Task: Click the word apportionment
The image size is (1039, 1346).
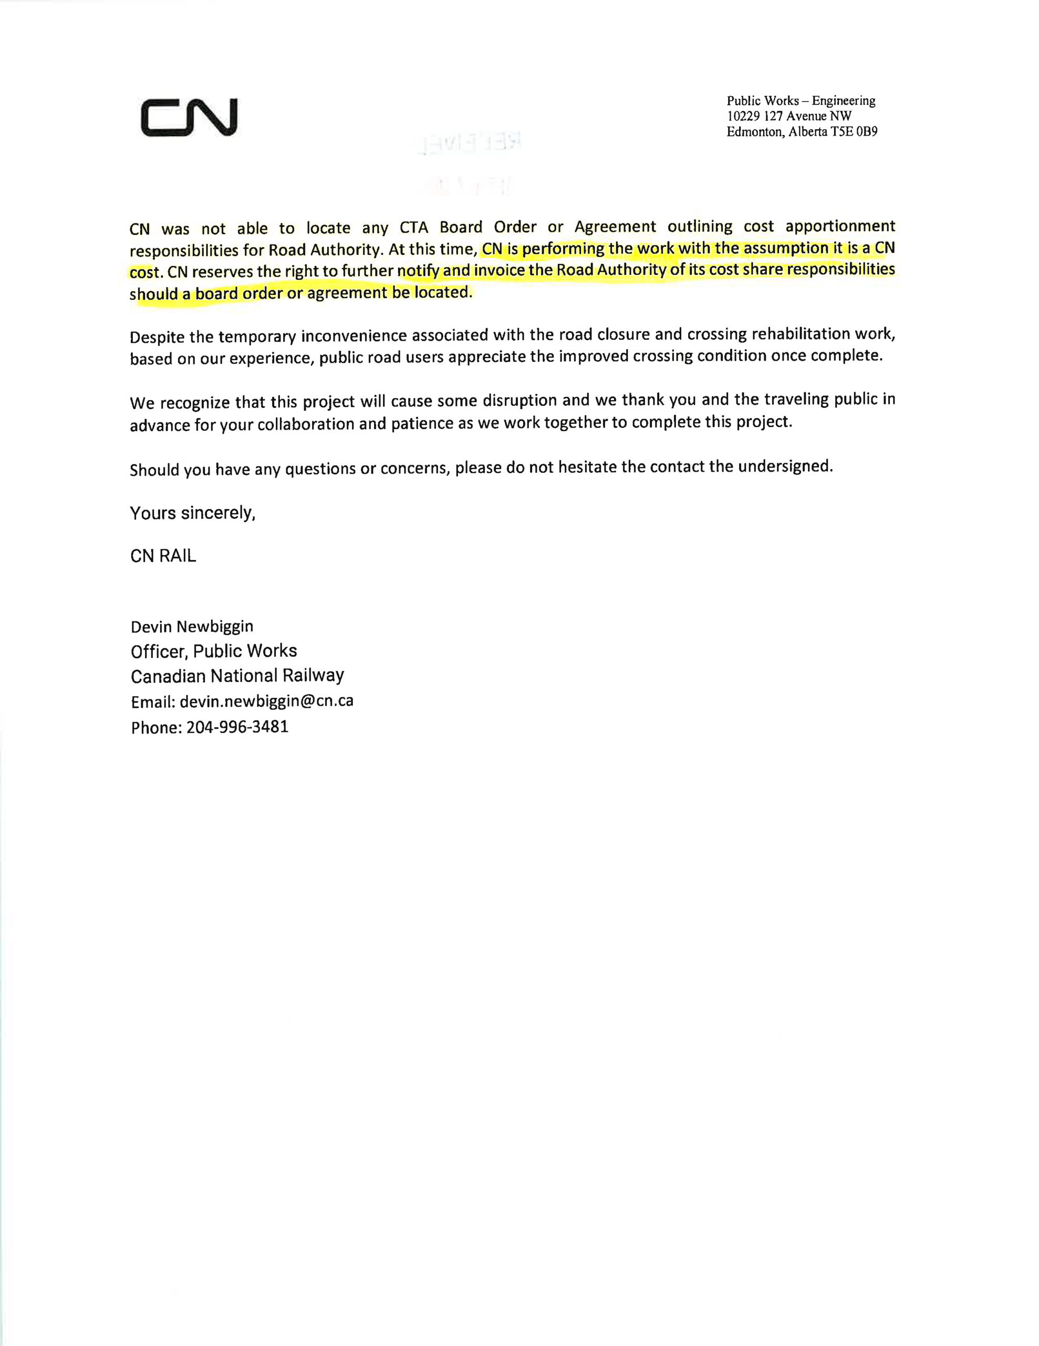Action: pos(840,226)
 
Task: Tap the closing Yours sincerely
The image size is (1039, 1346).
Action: pos(192,513)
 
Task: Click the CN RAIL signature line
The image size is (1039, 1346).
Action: pos(163,556)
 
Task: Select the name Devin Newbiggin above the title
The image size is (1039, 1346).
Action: pos(192,627)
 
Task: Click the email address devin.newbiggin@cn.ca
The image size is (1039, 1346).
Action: pos(266,701)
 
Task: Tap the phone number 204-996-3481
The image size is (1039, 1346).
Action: pos(237,727)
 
